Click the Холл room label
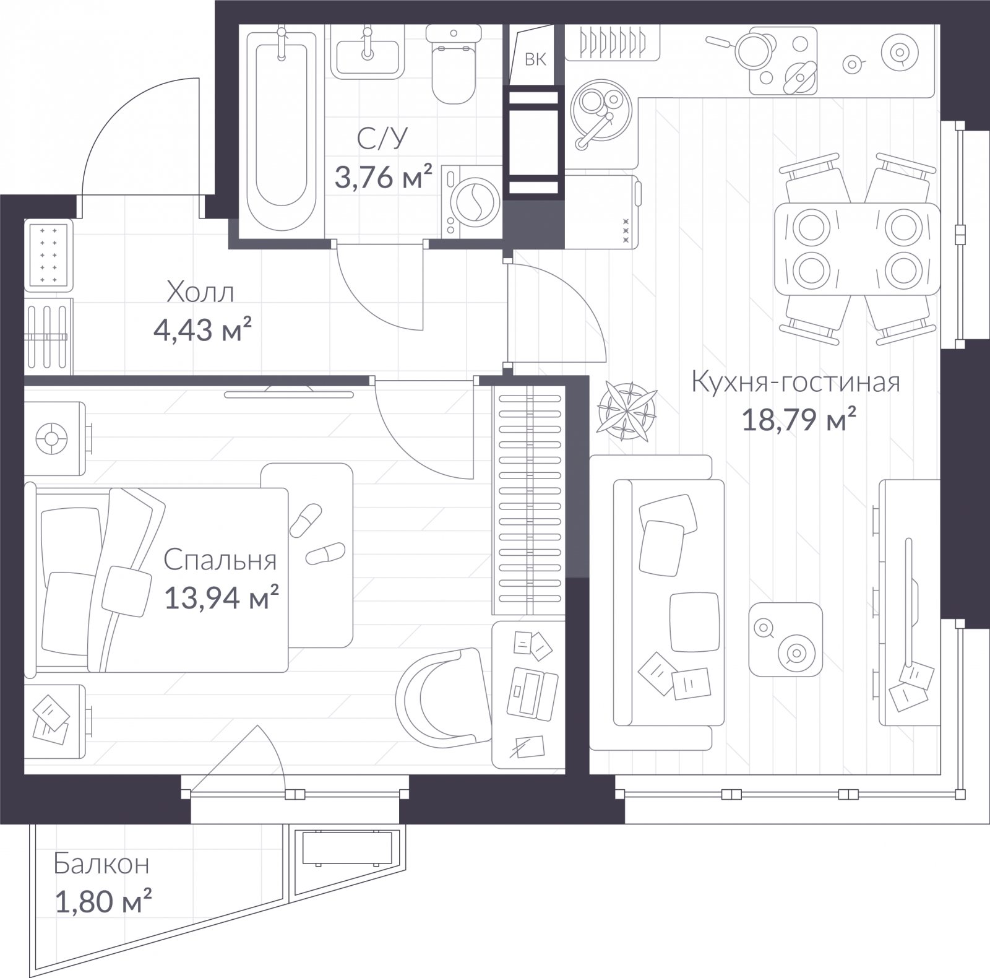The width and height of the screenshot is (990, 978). pyautogui.click(x=200, y=292)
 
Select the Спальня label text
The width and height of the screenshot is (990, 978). pyautogui.click(x=220, y=560)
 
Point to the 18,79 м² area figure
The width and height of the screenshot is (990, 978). pyautogui.click(x=799, y=420)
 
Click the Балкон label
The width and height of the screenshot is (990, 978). pyautogui.click(x=101, y=863)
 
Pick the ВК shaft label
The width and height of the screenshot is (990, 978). pyautogui.click(x=536, y=59)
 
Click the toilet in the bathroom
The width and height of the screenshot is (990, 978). pyautogui.click(x=454, y=64)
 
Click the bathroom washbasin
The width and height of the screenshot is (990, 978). pyautogui.click(x=368, y=50)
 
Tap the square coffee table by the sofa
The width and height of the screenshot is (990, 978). pyautogui.click(x=786, y=639)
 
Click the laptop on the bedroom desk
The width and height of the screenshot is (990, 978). pyautogui.click(x=532, y=693)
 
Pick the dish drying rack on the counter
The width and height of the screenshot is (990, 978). pyautogui.click(x=612, y=43)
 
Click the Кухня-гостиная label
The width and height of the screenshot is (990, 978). pyautogui.click(x=796, y=382)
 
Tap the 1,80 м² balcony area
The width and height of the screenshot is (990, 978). pyautogui.click(x=103, y=901)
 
